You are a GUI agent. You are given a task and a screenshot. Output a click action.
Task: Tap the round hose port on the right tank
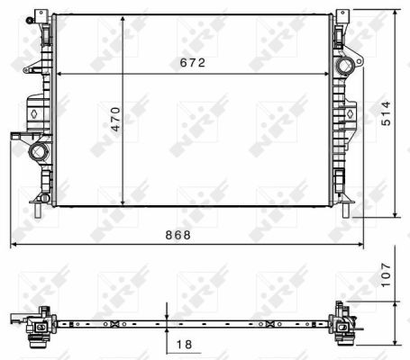(345, 67)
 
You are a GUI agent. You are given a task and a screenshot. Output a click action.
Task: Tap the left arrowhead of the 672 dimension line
(59, 74)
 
